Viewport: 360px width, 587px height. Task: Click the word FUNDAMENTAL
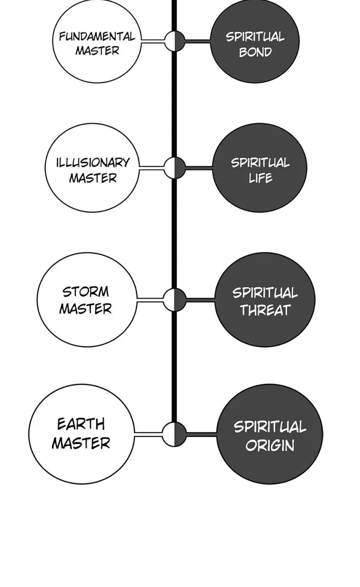click(x=97, y=37)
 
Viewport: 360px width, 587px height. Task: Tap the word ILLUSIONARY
click(x=93, y=163)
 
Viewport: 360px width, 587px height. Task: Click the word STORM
click(x=86, y=292)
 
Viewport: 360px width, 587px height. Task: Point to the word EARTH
click(x=81, y=424)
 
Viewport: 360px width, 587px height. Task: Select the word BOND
click(x=255, y=52)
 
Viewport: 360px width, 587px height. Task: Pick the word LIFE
click(x=260, y=178)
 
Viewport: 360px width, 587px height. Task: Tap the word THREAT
click(x=265, y=310)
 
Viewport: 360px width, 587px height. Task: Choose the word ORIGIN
click(x=270, y=445)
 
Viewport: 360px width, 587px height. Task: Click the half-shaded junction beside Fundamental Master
click(x=175, y=41)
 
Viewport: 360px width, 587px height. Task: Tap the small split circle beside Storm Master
click(x=175, y=300)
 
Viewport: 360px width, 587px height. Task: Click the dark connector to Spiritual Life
click(x=199, y=168)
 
